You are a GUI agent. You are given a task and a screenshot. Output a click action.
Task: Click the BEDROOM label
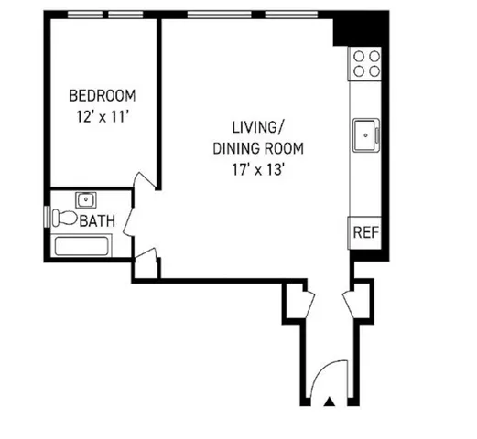[103, 95]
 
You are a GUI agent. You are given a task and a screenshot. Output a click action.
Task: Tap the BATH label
[97, 222]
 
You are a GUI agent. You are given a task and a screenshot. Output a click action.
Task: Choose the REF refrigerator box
[364, 231]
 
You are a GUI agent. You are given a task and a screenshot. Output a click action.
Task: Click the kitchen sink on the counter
[366, 134]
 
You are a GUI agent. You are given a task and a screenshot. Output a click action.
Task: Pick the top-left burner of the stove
[360, 56]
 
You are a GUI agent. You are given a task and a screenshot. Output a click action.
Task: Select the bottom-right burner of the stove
[374, 70]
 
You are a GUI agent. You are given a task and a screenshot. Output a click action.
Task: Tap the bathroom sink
[86, 198]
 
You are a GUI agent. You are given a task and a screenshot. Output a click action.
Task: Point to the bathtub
[81, 244]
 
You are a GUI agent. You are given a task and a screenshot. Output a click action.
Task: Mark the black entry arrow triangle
[330, 401]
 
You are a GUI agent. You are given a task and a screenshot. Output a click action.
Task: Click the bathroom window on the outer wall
[47, 218]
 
